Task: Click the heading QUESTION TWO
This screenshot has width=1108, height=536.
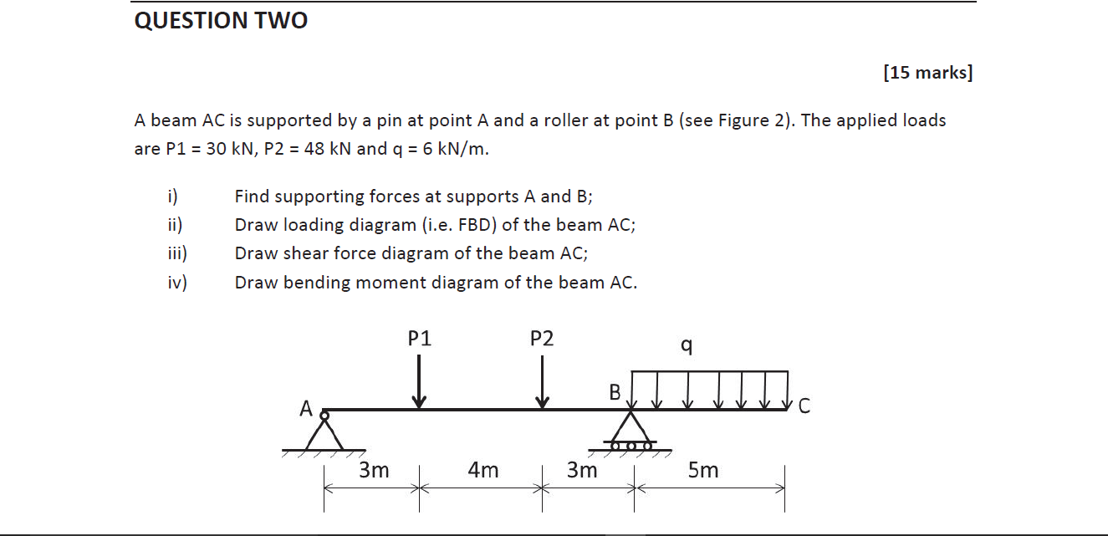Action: tap(221, 21)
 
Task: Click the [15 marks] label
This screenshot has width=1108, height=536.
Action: tap(927, 73)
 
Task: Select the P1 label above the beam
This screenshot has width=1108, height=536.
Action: tap(420, 339)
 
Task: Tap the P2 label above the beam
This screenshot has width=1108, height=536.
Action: tap(542, 339)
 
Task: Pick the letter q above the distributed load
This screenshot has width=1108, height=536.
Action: tap(686, 345)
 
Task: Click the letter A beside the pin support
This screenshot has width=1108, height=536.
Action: tap(307, 409)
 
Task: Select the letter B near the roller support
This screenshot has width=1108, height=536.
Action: tap(615, 392)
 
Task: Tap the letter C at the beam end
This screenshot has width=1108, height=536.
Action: tap(804, 407)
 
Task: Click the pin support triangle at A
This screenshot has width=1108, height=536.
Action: tap(324, 433)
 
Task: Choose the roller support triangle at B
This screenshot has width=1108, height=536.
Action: tap(631, 428)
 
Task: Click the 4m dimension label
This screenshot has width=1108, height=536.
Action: tap(483, 471)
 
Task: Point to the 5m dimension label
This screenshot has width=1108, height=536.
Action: tap(703, 471)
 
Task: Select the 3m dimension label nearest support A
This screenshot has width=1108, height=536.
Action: tap(374, 471)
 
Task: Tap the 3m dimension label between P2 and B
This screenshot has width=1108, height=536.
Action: tap(582, 471)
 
